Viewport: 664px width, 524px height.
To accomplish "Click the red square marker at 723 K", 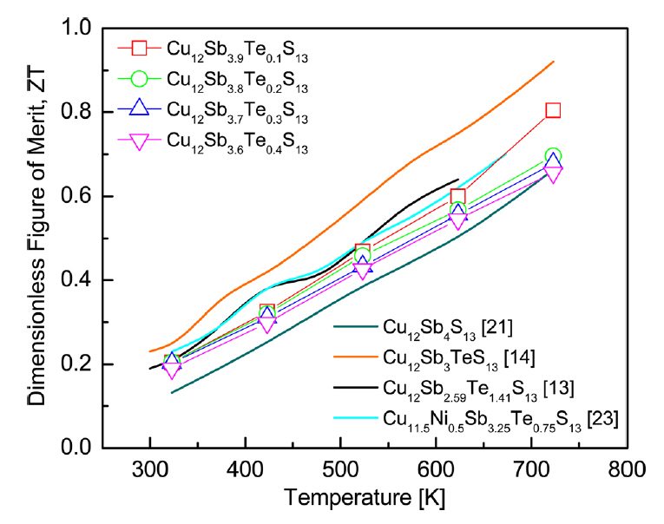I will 553,109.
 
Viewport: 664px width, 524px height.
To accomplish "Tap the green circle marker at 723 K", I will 553,156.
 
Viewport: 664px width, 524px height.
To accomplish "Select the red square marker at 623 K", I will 458,196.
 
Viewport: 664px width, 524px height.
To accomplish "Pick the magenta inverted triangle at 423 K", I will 267,324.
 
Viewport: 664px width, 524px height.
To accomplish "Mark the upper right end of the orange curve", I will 553,62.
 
